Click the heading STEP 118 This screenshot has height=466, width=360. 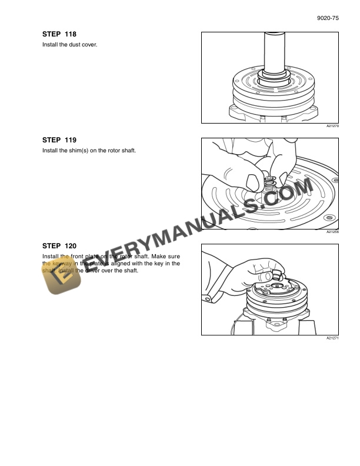[59, 35]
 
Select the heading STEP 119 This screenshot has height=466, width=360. [59, 140]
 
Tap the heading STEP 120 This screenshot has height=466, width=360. [59, 245]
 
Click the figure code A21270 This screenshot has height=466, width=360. [333, 127]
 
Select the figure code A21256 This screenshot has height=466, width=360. [333, 232]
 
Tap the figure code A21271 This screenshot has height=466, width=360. [333, 338]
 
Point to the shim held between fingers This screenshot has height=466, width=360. [270, 179]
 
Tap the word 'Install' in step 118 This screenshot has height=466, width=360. [49, 45]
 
